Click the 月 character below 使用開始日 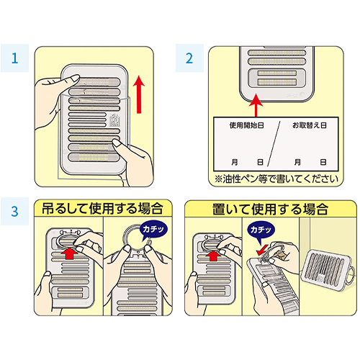(235, 162)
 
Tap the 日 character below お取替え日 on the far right (323, 162)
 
